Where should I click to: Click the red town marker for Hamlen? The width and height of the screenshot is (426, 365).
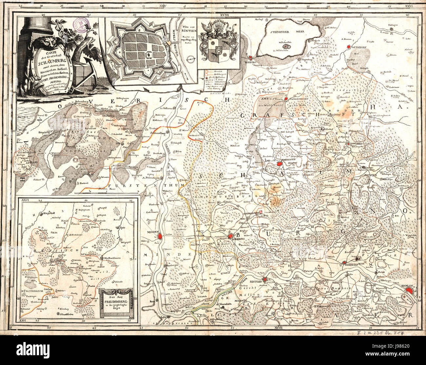tap(409, 290)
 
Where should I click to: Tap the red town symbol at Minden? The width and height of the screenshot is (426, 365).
tap(160, 236)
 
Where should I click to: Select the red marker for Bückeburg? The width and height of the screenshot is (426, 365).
tap(230, 236)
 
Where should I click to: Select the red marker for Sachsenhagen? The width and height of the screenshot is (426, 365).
tap(286, 98)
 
